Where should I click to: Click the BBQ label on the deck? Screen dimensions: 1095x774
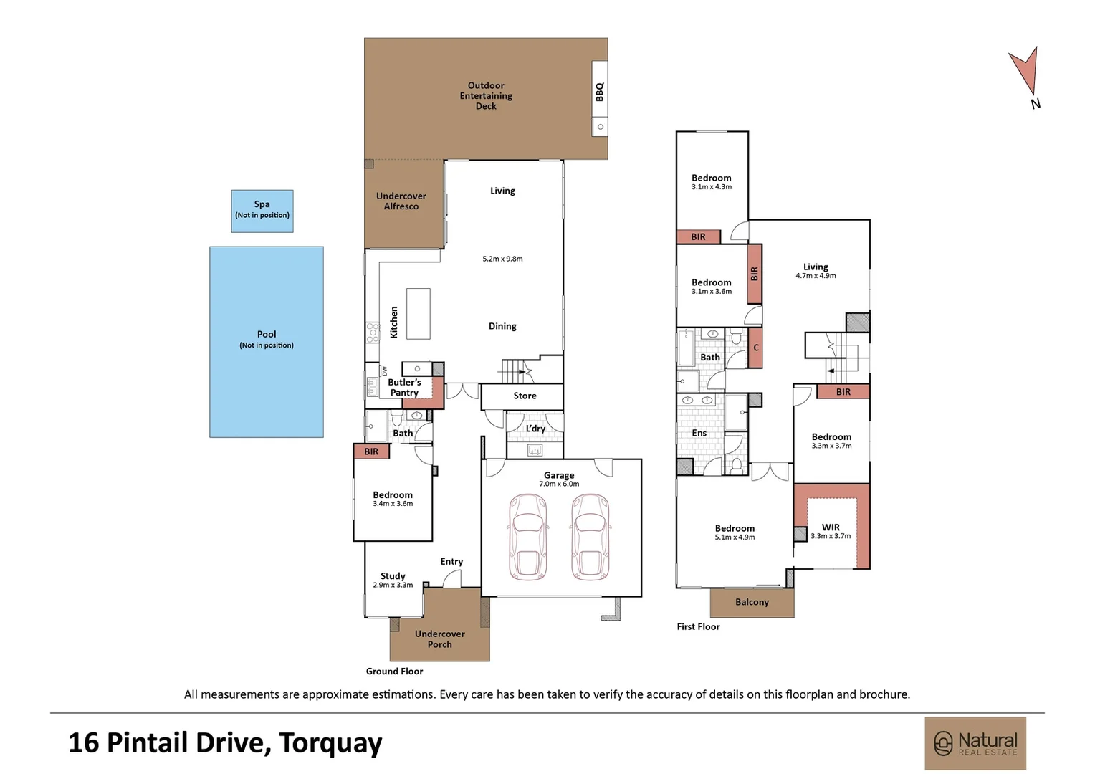599,92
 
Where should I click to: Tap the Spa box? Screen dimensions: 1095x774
262,211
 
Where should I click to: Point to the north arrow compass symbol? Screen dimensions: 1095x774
1025,73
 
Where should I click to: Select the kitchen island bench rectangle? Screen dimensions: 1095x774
419,313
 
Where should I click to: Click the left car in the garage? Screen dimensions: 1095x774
527,537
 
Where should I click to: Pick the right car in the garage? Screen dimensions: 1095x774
590,537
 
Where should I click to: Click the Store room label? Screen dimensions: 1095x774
525,396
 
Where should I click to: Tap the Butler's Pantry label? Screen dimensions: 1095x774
404,387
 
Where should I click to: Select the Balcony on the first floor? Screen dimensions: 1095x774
752,602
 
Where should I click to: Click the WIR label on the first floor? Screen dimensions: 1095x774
831,527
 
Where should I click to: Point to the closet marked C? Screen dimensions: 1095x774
755,348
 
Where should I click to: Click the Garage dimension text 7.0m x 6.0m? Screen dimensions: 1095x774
559,484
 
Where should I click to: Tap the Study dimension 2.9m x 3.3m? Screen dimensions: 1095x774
393,585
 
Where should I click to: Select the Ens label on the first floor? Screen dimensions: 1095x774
699,433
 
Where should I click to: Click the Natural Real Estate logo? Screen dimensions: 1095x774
975,743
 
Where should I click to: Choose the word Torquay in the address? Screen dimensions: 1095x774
330,743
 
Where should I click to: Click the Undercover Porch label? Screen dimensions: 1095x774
440,639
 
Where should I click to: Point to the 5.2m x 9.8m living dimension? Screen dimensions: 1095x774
502,259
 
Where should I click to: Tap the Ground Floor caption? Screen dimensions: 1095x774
394,672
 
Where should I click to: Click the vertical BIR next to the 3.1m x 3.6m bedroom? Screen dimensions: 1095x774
755,274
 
